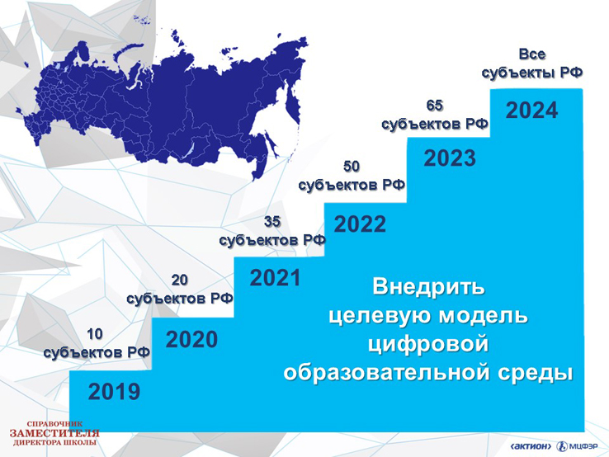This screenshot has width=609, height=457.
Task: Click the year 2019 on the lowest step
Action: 114,391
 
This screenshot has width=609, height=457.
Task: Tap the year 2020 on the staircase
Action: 191,340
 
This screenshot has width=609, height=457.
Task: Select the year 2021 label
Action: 276,278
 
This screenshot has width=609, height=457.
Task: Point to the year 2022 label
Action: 360,224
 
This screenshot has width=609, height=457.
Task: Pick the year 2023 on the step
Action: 450,158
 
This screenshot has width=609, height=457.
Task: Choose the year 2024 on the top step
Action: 531,111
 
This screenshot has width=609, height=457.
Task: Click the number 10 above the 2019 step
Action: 94,334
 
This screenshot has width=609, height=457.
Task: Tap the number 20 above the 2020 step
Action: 179,280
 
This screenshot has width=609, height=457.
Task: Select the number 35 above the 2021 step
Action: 272,222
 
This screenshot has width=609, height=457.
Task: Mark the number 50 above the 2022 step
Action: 352,167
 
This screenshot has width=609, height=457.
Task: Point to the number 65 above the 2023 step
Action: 434,106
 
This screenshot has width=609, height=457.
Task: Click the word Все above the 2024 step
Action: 532,54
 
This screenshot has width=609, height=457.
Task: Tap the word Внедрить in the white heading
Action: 428,287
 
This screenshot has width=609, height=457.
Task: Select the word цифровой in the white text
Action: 428,345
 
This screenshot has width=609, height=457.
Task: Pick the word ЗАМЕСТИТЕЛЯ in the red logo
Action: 54,433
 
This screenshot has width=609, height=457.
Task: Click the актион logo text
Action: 531,446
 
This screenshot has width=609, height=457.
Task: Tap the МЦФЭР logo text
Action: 583,446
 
